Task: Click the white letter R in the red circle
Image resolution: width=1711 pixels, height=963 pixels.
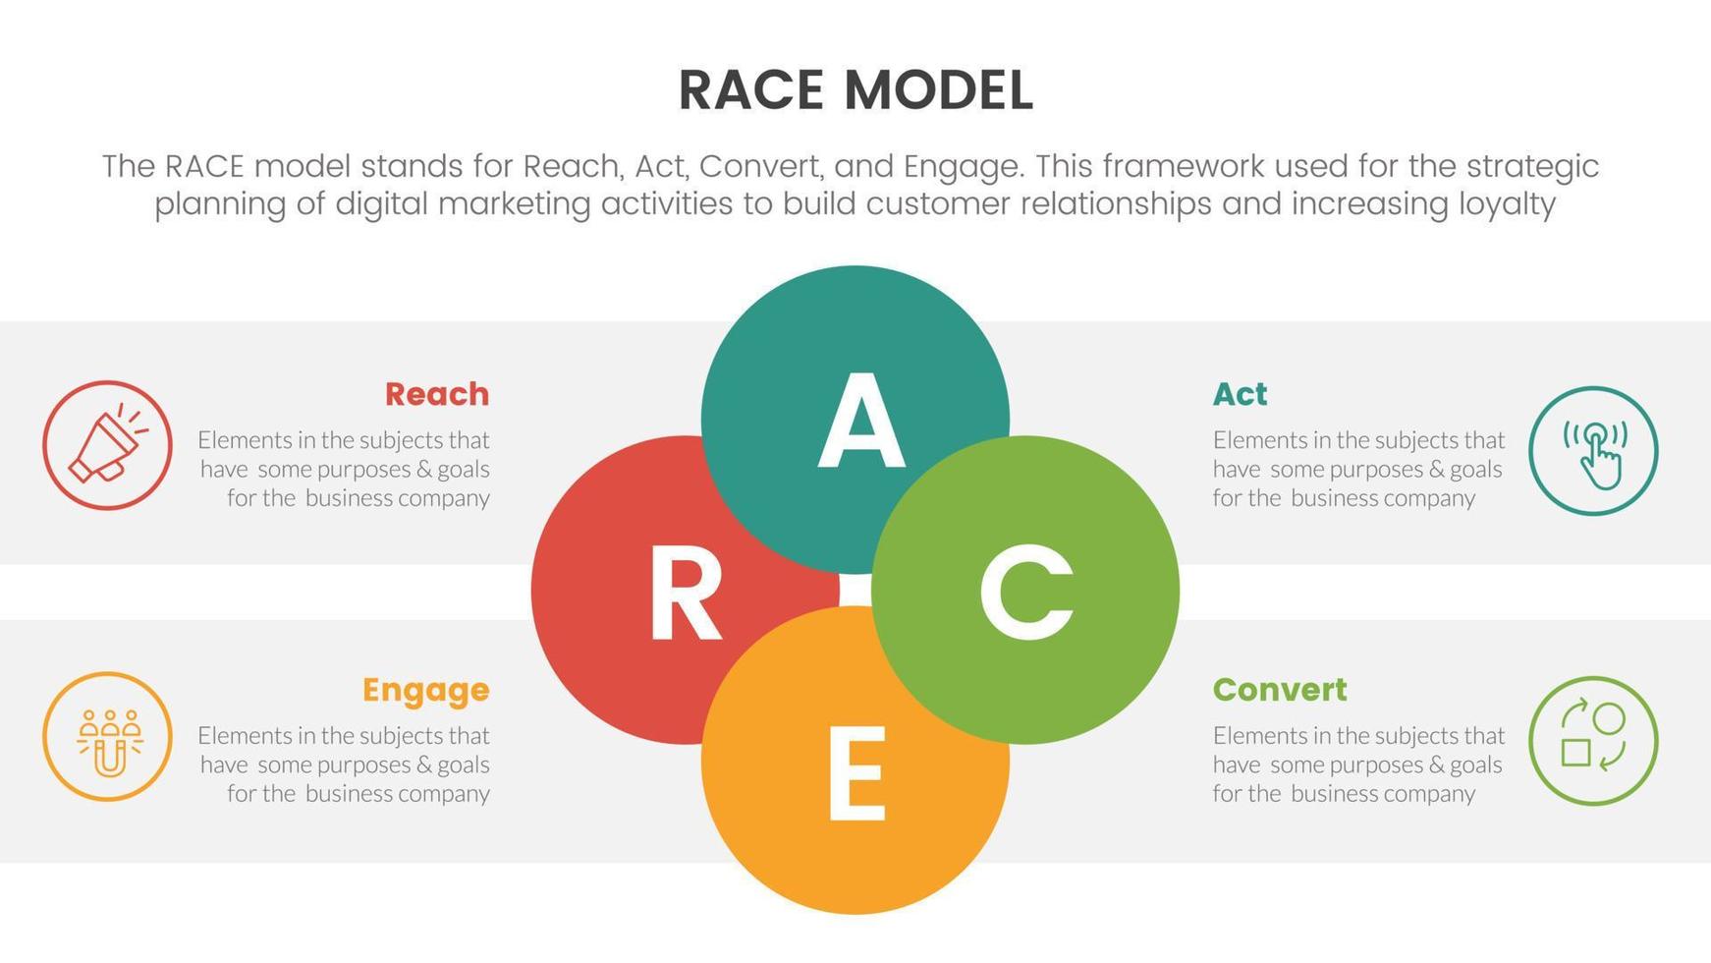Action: pyautogui.click(x=685, y=594)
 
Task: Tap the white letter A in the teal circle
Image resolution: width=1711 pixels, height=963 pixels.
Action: pyautogui.click(x=860, y=422)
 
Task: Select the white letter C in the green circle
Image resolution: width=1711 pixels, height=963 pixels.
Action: pyautogui.click(x=1025, y=592)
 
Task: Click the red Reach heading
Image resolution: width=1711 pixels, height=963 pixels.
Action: pyautogui.click(x=437, y=394)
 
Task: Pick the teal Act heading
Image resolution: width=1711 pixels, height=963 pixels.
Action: pyautogui.click(x=1240, y=394)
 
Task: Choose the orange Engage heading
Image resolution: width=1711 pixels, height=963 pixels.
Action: pyautogui.click(x=425, y=690)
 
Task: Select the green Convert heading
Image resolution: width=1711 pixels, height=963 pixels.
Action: pyautogui.click(x=1280, y=690)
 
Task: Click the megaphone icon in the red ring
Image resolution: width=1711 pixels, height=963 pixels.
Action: pyautogui.click(x=107, y=446)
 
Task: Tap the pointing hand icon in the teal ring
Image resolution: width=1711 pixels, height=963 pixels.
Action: pyautogui.click(x=1593, y=451)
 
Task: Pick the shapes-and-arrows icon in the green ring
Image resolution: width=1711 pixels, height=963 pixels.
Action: pyautogui.click(x=1593, y=741)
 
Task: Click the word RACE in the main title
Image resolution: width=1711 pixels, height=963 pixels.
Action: pyautogui.click(x=750, y=91)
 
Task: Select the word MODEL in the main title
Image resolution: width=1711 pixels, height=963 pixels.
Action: pyautogui.click(x=938, y=91)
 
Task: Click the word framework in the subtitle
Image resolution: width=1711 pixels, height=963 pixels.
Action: pyautogui.click(x=1189, y=166)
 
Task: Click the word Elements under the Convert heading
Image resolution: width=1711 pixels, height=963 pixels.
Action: pyautogui.click(x=1257, y=736)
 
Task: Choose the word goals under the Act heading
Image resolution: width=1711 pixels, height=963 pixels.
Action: pyautogui.click(x=1475, y=470)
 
